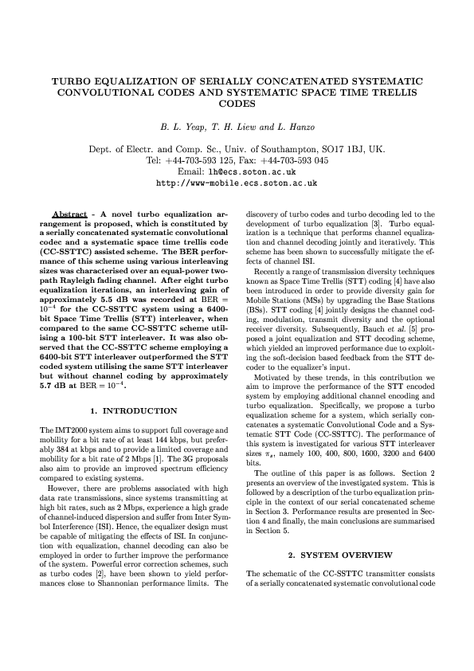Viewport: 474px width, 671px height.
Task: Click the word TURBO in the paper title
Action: point(72,81)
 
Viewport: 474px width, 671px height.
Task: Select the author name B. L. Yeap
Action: point(180,127)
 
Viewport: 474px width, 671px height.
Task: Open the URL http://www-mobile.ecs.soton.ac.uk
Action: point(237,182)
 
